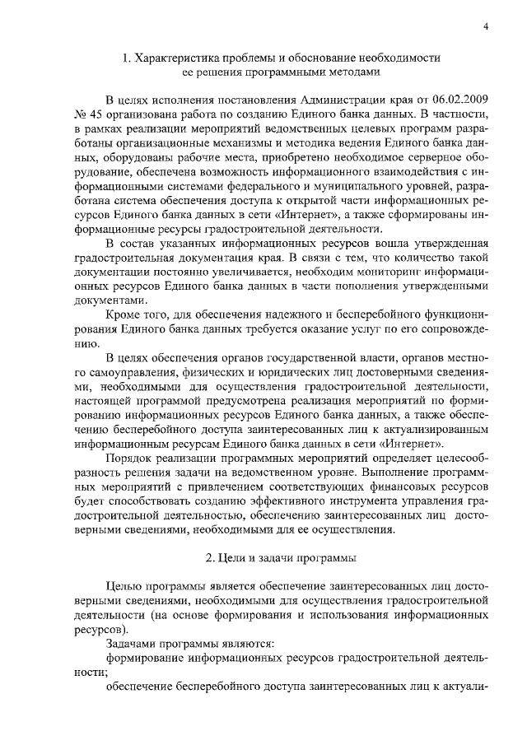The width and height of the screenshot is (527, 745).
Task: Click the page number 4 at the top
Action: [x=487, y=26]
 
